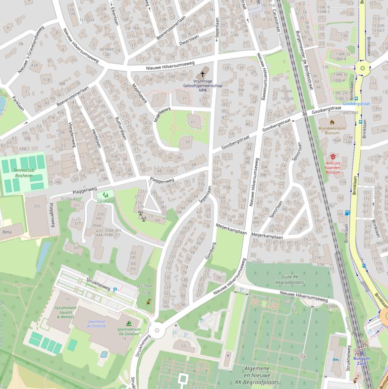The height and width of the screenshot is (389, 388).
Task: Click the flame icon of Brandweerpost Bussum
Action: click(332, 122)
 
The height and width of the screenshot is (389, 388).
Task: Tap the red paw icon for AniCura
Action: click(333, 157)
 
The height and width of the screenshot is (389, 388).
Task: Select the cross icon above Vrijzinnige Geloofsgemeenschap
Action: click(203, 73)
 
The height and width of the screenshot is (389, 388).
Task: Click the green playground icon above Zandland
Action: click(105, 194)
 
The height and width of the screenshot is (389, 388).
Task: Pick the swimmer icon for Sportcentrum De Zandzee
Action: click(129, 323)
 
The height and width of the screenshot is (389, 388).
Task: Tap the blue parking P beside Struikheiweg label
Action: click(115, 289)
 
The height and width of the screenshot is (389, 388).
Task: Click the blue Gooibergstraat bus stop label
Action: click(356, 103)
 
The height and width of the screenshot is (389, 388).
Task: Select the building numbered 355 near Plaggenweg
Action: click(37, 206)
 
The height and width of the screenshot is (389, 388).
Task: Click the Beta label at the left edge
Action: click(7, 232)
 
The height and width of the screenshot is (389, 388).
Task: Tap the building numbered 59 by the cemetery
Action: click(183, 346)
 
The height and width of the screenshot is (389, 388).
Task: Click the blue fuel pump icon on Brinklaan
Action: click(347, 213)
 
